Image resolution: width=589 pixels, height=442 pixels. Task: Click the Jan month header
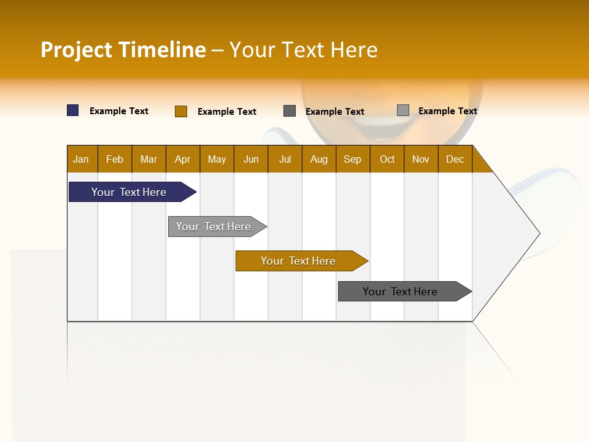point(81,159)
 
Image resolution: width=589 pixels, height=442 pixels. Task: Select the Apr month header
point(182,159)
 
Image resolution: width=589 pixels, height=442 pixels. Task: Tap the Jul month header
point(285,159)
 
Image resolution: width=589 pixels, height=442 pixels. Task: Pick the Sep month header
point(352,159)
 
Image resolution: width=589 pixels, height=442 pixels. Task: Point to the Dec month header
point(455,159)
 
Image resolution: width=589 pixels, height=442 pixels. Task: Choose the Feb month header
point(115,159)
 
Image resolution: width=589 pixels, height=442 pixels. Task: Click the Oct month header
point(387,159)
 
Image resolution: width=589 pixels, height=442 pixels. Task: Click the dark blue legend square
point(73,110)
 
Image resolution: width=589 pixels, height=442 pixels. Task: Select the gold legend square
point(181,111)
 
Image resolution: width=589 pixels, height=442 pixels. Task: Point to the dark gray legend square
point(290,111)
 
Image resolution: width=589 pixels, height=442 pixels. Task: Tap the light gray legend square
point(403,110)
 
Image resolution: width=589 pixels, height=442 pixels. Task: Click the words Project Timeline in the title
point(123,50)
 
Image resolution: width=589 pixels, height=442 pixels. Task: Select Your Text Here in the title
point(303,50)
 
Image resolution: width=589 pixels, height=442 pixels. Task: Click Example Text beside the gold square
point(227,112)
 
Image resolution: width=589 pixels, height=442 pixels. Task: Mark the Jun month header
point(251,159)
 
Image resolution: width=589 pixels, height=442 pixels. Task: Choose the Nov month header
point(421,159)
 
